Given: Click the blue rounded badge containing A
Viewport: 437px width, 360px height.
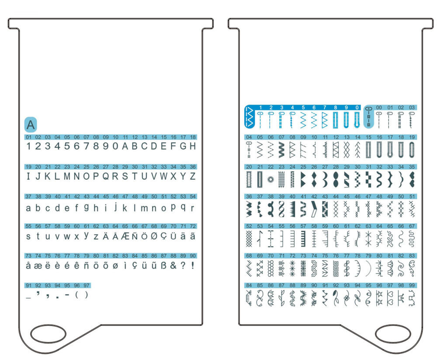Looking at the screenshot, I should point(31,125).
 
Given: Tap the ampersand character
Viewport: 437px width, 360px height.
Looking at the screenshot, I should point(173,266).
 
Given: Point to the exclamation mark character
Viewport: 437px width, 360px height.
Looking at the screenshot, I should point(193,266).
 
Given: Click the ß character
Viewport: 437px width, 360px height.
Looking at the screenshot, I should point(163,266).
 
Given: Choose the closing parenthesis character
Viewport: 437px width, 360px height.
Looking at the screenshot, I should point(87,295).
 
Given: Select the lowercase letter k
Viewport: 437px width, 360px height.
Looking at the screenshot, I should point(125,208).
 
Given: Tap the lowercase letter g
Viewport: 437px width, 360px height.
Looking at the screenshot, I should point(87,206).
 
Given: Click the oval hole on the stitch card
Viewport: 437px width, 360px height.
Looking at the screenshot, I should point(393,334).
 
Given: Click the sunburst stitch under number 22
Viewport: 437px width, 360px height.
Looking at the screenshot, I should point(271,179).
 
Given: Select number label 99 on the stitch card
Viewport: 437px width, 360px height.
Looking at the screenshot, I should point(412,285).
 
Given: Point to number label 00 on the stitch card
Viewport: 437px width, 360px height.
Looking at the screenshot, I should point(379,107).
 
